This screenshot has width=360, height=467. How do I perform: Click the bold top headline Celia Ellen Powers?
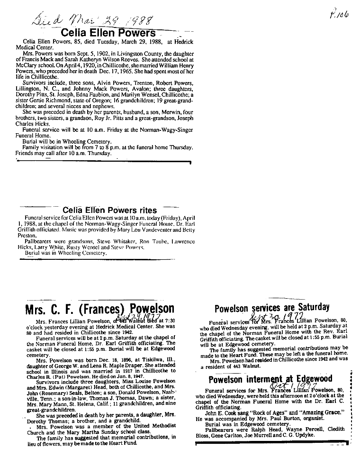[x=109, y=33]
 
